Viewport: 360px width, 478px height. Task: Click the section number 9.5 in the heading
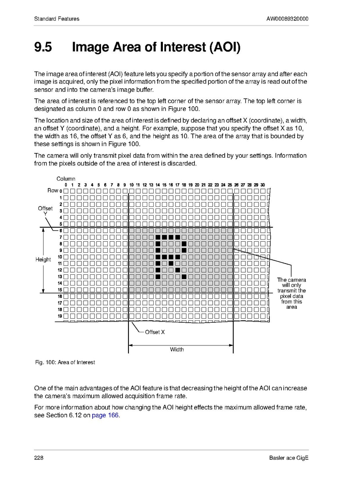tap(43, 47)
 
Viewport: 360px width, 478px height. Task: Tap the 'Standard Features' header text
tap(57, 19)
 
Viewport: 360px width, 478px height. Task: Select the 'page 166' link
tap(105, 415)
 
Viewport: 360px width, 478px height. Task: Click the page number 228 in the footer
tap(39, 458)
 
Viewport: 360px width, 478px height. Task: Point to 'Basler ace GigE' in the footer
tap(289, 458)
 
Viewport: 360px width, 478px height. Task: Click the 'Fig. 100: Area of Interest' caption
tap(65, 362)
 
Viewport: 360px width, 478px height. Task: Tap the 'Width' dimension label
tap(177, 349)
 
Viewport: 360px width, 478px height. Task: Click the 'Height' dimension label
tap(43, 260)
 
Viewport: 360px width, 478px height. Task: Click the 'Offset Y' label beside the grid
tap(45, 211)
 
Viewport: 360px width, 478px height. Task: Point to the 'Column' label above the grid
tap(65, 179)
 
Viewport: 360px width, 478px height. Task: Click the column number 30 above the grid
tap(263, 185)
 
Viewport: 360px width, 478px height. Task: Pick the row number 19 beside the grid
tap(59, 316)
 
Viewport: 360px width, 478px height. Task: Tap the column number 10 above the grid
tap(131, 185)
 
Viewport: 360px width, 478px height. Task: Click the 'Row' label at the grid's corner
tap(53, 190)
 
